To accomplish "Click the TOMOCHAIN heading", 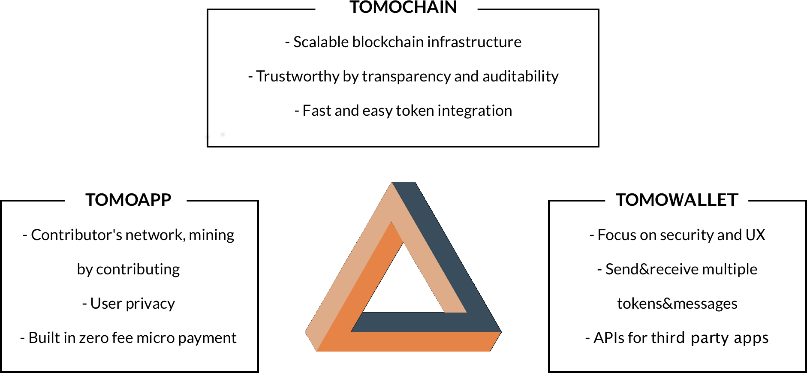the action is [403, 7].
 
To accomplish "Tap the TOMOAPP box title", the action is [128, 200].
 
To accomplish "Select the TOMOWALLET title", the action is [677, 200].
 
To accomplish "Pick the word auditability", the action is [521, 76].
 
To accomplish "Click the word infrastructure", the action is [474, 42].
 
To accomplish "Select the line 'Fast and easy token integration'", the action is [403, 111].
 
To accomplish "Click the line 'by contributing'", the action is [128, 269].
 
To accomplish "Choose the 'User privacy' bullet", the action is [128, 304].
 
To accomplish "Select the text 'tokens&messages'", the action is [677, 304].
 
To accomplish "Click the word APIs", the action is [609, 338].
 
